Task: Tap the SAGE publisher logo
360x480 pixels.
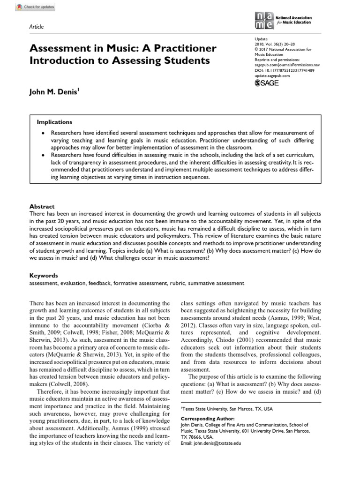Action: click(x=267, y=83)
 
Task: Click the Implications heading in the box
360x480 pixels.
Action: click(x=54, y=122)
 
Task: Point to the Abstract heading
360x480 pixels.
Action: click(x=42, y=206)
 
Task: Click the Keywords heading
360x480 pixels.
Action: click(x=44, y=276)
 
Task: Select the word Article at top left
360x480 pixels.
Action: click(x=37, y=27)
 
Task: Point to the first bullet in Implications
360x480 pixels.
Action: click(x=43, y=133)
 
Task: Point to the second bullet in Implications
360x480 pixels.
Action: click(x=43, y=155)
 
